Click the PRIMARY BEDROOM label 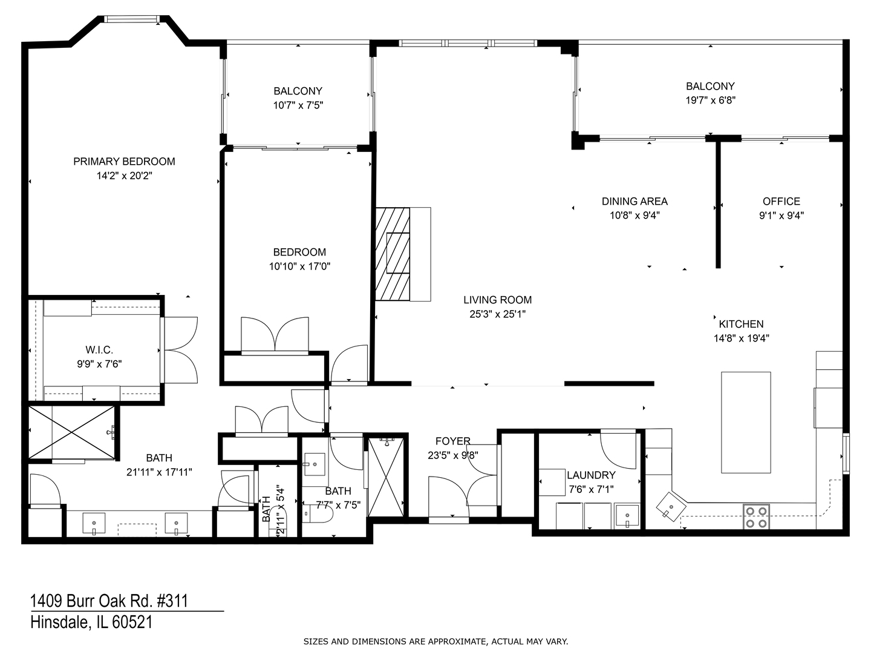124,161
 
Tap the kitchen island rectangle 746,422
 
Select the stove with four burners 756,517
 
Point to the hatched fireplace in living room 393,254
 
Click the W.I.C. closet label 99,350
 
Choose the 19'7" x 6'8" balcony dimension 710,101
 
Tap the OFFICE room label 781,201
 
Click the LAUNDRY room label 591,475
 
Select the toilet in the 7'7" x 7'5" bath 318,514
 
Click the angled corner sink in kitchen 671,504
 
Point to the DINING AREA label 634,201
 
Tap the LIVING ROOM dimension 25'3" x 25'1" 497,314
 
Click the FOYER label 452,441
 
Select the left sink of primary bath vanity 94,523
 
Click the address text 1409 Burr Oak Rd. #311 109,601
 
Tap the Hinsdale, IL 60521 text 91,622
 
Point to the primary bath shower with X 71,432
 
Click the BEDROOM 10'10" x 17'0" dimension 299,266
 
